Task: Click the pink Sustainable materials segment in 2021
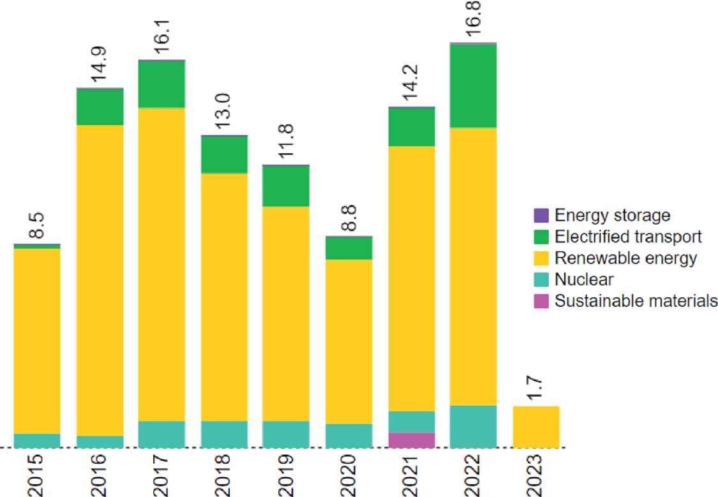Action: coord(412,440)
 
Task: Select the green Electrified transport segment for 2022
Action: coord(473,86)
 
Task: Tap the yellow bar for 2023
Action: coord(536,427)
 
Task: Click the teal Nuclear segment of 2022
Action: coord(473,426)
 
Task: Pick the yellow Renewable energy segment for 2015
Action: coord(37,341)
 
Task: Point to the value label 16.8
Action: coord(474,22)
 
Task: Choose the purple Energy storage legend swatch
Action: coord(541,216)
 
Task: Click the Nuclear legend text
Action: coord(584,279)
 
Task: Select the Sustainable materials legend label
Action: coord(636,301)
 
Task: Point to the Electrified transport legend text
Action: coord(628,237)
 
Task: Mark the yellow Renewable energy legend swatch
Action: coord(541,258)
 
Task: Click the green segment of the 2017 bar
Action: coord(161,84)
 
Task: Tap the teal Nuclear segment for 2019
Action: coord(286,434)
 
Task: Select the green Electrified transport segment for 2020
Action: coord(348,248)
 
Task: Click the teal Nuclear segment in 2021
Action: coord(412,422)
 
